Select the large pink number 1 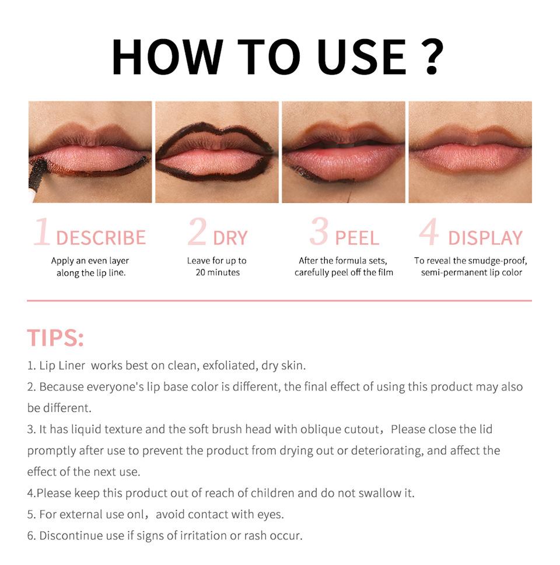42,233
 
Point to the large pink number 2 197,233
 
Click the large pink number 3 319,233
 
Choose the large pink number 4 429,233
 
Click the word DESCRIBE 101,238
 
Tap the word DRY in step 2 230,238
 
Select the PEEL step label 357,238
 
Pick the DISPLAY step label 485,238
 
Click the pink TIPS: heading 55,338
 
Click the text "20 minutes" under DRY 217,272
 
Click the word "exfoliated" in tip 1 224,366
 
